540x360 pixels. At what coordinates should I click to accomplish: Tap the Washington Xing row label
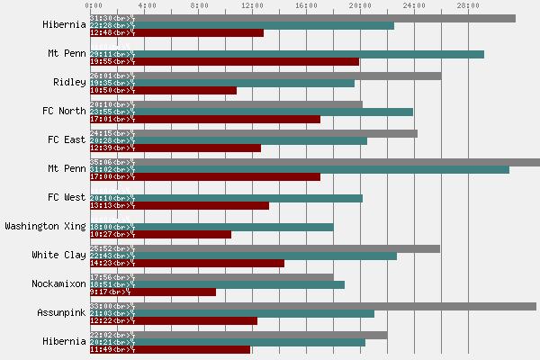45,226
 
